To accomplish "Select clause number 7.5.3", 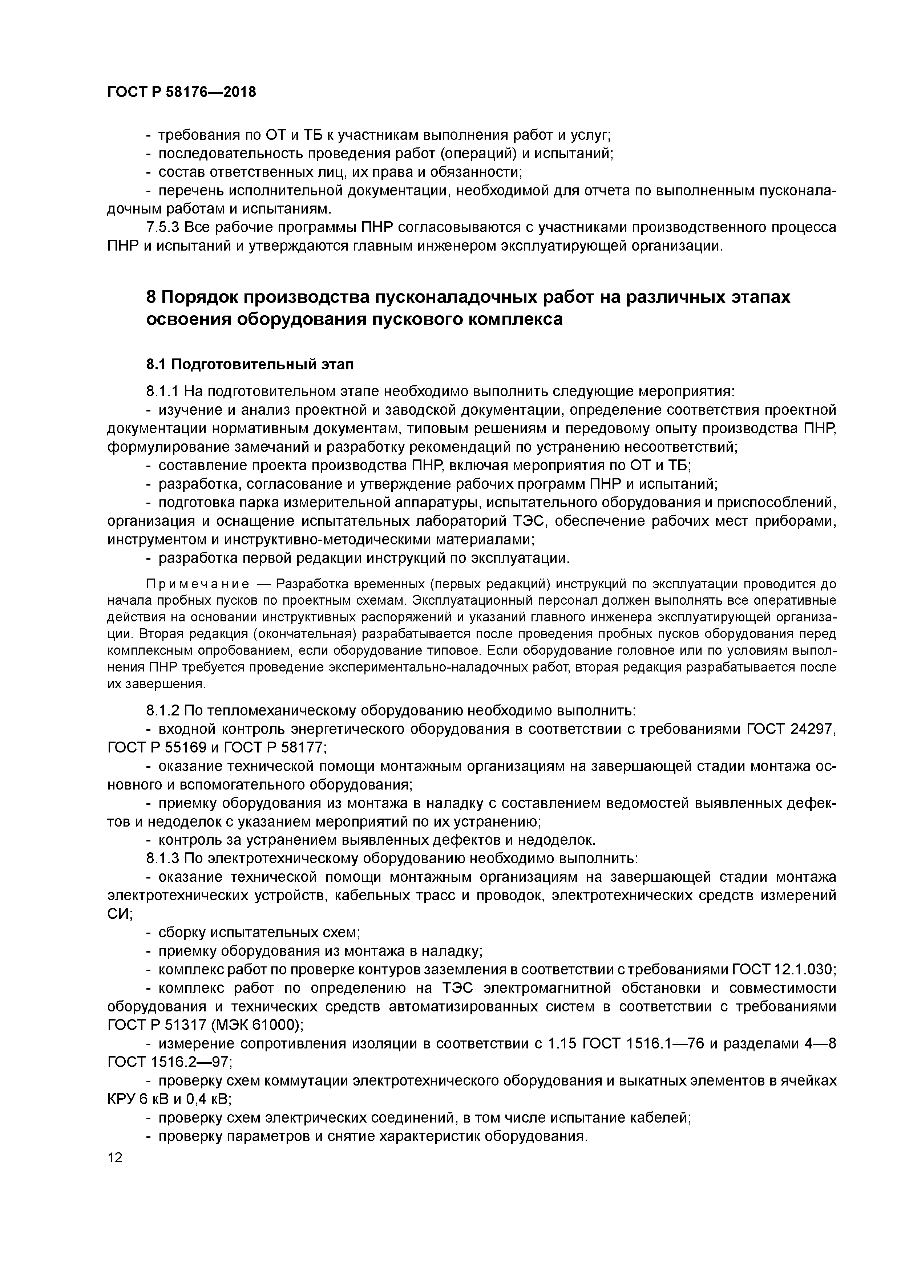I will tap(163, 227).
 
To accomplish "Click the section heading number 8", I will tap(151, 297).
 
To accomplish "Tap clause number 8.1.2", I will tap(163, 711).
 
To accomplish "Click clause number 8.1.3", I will tap(163, 859).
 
